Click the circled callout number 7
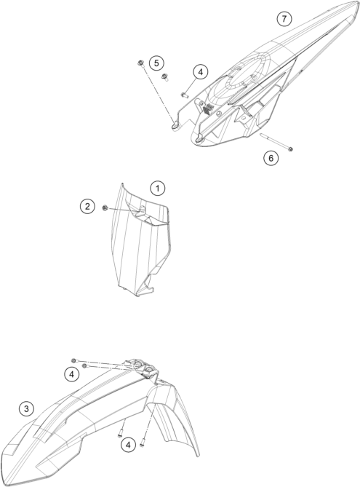(284, 19)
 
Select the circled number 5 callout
(156, 63)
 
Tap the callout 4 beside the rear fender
(200, 72)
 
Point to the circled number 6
(271, 158)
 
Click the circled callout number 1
(158, 189)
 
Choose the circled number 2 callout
(87, 206)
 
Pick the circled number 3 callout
(26, 408)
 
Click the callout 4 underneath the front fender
(128, 445)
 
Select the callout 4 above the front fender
(72, 374)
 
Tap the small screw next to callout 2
(105, 207)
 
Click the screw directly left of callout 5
(140, 63)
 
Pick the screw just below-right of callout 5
(164, 76)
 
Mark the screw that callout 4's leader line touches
(185, 95)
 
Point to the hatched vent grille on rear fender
(207, 108)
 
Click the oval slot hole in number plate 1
(142, 210)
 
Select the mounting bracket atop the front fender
(143, 368)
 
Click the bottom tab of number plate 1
(145, 292)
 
